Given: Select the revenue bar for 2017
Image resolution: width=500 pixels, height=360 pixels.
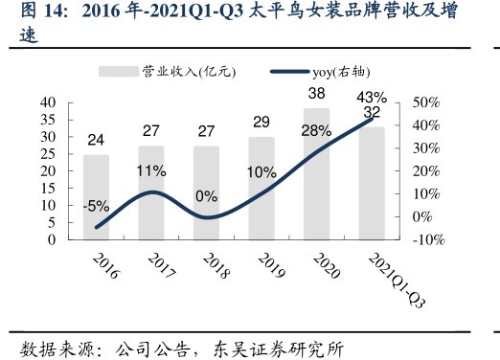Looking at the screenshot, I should tap(150, 192).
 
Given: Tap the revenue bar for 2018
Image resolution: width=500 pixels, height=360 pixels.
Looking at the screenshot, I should tap(206, 192).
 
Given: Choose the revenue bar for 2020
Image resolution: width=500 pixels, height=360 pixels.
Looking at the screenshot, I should tap(316, 173).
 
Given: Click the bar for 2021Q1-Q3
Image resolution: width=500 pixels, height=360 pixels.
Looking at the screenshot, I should tap(371, 183).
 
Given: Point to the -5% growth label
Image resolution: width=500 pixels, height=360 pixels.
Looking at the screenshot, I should tap(96, 205).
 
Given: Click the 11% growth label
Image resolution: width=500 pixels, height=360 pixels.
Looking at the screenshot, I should tap(151, 171).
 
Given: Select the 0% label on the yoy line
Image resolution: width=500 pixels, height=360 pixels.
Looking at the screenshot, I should tap(206, 195).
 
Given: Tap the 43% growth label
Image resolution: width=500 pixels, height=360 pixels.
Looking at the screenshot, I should tap(371, 97).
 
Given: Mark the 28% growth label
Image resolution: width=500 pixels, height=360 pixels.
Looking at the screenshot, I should tap(315, 131).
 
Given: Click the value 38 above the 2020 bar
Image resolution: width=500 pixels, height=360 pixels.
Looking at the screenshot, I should tap(316, 94).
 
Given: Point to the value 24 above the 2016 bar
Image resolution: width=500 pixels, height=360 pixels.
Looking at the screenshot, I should tap(96, 140).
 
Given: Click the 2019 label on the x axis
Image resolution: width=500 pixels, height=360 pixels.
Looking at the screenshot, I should tap(262, 267).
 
